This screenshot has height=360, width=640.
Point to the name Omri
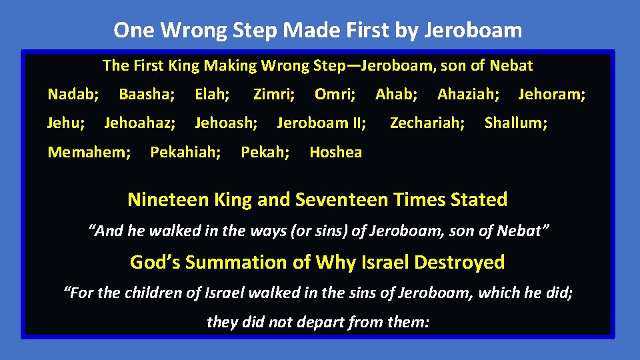pos(334,95)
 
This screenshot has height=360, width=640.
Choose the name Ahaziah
pos(467,95)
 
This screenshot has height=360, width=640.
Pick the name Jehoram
pos(551,95)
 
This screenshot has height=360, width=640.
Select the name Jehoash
pos(225,123)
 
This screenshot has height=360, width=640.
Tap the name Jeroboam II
pos(321,123)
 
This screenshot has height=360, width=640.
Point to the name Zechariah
pos(427,123)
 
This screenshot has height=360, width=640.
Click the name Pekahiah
pos(185,152)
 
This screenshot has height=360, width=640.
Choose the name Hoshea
pos(335,152)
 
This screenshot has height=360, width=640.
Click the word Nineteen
pos(167,199)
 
